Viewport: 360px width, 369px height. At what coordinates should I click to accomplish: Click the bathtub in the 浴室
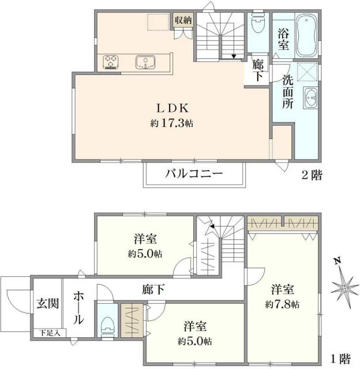coord(305,36)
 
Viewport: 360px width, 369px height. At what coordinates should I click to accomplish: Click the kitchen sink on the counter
coord(144,61)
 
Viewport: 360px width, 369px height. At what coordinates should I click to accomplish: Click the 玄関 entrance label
coord(47,303)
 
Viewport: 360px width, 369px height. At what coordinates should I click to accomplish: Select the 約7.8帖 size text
coord(283,303)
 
